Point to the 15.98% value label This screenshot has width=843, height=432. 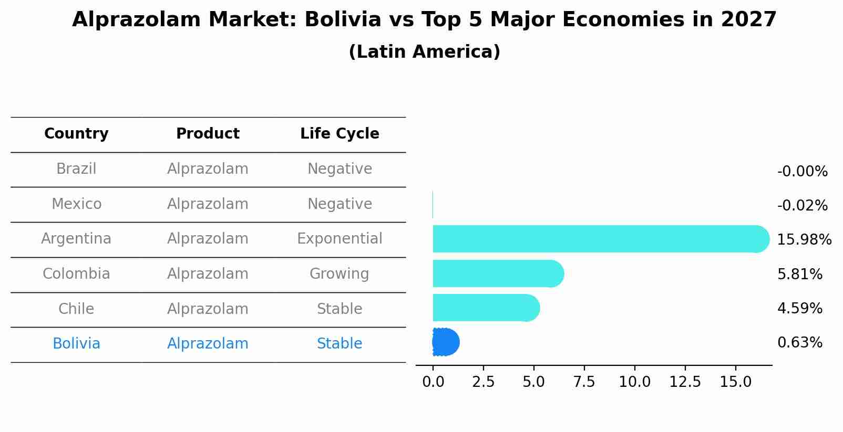point(804,240)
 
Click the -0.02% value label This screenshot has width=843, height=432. point(802,206)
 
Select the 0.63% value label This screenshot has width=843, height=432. point(799,343)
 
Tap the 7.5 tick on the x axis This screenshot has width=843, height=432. point(584,382)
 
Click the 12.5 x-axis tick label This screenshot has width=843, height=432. point(685,382)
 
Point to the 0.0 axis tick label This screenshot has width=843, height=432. point(433,382)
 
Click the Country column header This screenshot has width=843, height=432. point(76,134)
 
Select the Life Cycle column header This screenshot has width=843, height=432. point(340,134)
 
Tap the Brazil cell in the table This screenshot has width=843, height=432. point(76,169)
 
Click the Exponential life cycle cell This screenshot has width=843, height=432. point(340,239)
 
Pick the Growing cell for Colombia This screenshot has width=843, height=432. point(340,274)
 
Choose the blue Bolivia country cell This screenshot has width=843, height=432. point(76,344)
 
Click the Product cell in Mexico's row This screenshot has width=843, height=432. point(208,204)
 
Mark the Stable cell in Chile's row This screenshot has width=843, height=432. point(340,309)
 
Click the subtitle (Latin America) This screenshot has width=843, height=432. point(424,52)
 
